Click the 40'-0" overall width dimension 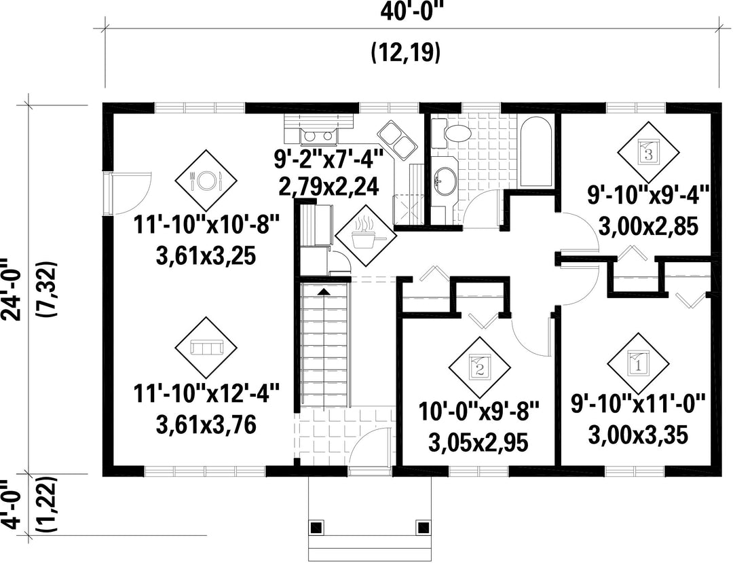(411, 12)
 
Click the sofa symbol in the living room (206, 348)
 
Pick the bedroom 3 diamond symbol (648, 152)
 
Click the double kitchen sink (396, 139)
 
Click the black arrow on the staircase (324, 291)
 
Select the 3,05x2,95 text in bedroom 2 (478, 442)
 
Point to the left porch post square (316, 528)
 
